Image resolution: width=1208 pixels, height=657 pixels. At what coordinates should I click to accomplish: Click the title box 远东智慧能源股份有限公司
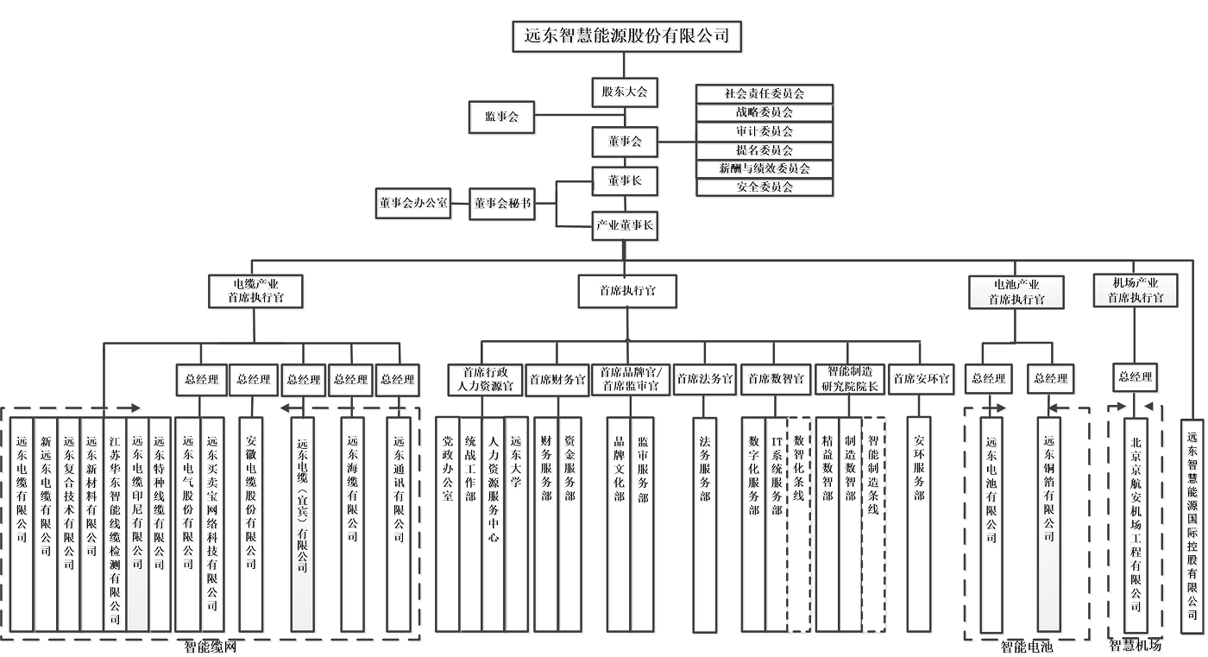click(x=627, y=36)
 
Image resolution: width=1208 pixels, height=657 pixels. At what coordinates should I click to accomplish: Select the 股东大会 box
click(x=624, y=92)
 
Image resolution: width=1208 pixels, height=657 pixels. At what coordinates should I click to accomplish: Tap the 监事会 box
click(x=501, y=117)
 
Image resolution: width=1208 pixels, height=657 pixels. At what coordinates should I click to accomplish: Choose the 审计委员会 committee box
click(x=764, y=131)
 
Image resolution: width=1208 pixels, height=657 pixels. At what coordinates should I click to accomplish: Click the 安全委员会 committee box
click(x=764, y=186)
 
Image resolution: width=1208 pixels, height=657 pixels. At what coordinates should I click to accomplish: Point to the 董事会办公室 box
click(x=413, y=204)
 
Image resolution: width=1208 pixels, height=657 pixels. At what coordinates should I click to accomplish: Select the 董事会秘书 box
click(x=502, y=204)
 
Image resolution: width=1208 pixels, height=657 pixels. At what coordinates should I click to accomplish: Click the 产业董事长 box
click(x=624, y=226)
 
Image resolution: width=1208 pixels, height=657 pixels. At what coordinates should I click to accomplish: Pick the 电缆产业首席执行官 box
click(x=255, y=290)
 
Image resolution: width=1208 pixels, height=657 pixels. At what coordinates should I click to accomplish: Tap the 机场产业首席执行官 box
click(x=1136, y=290)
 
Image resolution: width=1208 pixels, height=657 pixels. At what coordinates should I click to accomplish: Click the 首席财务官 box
click(x=557, y=379)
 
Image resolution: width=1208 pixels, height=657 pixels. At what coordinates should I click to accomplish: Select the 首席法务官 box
click(x=705, y=379)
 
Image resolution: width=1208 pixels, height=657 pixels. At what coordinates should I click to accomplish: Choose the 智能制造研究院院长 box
click(x=850, y=379)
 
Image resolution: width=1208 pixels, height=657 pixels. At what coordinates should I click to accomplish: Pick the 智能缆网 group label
click(x=210, y=647)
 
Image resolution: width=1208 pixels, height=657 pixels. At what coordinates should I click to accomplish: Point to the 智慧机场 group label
click(x=1135, y=645)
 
